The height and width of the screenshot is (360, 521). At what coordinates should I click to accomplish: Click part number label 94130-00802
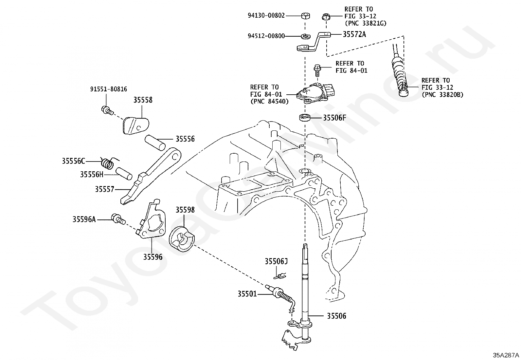[x=266, y=16]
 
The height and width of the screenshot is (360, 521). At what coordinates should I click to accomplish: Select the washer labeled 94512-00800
[x=305, y=36]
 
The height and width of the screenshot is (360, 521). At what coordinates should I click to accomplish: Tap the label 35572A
[x=354, y=34]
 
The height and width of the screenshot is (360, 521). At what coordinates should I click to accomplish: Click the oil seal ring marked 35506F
[x=305, y=117]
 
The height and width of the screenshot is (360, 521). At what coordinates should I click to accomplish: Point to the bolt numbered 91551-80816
[x=107, y=110]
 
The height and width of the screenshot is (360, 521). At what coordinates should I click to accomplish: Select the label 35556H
[x=92, y=174]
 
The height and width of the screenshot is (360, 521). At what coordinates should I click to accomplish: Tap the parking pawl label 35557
[x=104, y=189]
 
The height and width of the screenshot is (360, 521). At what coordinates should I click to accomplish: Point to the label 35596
[x=153, y=257]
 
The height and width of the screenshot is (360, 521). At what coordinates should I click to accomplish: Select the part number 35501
[x=247, y=294]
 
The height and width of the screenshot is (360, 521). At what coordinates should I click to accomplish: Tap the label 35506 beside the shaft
[x=336, y=316]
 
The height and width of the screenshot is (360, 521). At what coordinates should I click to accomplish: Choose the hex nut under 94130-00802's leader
[x=305, y=16]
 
